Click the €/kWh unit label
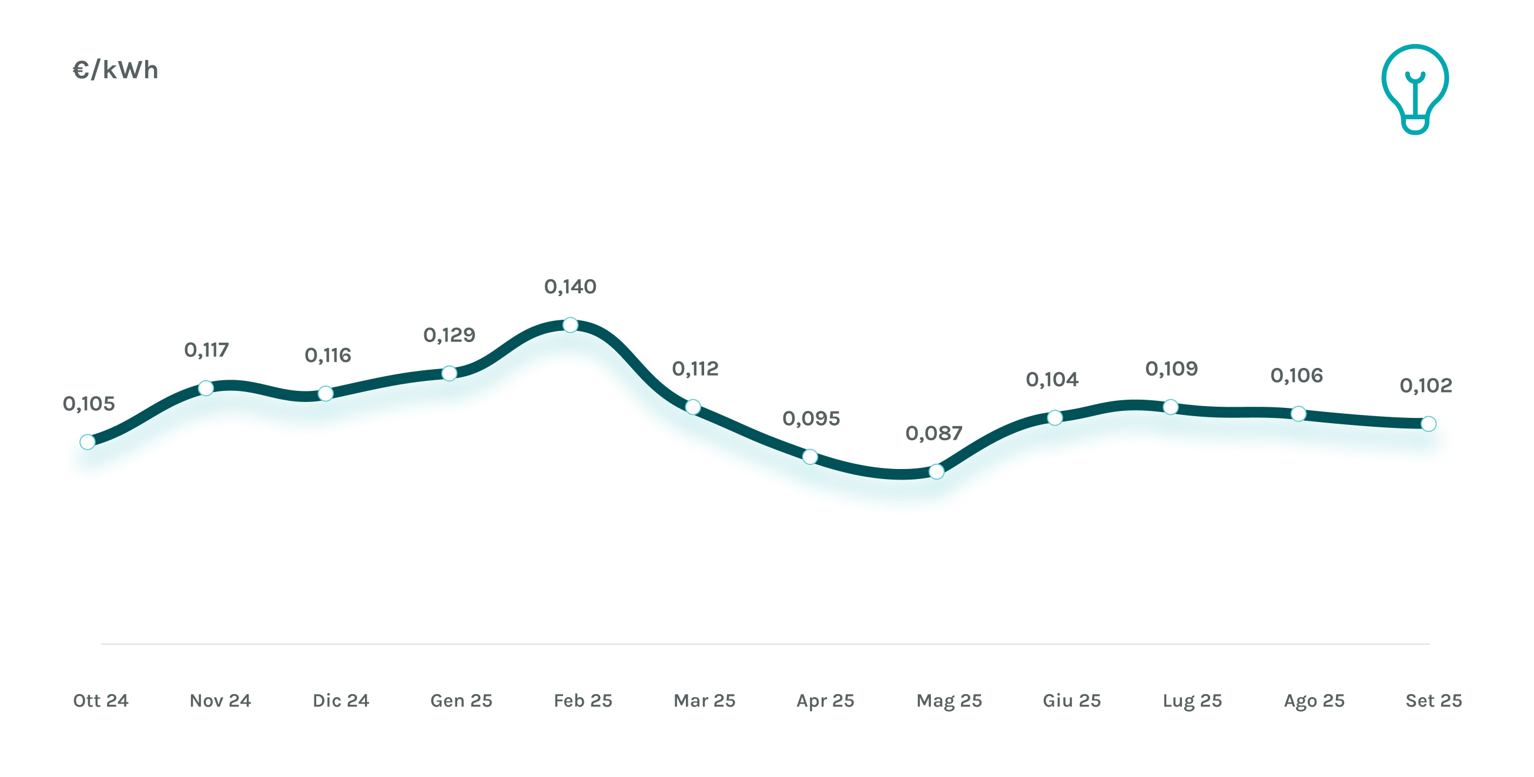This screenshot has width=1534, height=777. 115,71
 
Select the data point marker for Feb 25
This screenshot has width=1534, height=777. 570,325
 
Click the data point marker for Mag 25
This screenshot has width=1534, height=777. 936,471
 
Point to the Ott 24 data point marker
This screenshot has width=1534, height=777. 88,442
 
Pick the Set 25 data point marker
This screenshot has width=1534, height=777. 1428,424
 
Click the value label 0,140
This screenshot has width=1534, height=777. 570,287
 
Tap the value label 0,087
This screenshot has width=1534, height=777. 934,433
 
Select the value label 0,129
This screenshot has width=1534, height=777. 449,335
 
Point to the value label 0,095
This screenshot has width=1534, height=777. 811,418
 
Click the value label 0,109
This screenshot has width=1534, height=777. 1171,369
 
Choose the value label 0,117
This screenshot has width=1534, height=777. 206,350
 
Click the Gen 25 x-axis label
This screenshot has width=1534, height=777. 461,701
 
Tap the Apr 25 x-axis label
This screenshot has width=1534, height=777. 825,701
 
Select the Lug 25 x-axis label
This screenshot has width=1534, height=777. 1192,701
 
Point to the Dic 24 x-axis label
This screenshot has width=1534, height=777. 341,701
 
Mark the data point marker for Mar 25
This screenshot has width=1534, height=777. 692,407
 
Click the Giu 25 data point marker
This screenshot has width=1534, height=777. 1054,418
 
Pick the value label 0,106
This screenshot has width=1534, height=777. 1297,376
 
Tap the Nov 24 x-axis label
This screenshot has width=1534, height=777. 220,701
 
